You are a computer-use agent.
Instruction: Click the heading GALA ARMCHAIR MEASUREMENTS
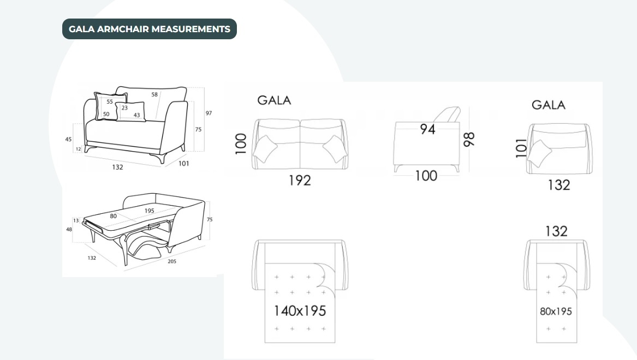tap(149, 29)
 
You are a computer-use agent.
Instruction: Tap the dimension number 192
tap(300, 180)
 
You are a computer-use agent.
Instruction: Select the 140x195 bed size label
tap(300, 311)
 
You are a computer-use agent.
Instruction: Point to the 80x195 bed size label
tap(556, 311)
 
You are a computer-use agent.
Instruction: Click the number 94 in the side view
tap(427, 130)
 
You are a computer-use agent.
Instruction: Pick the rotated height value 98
tap(469, 139)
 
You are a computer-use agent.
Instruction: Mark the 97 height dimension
tap(209, 113)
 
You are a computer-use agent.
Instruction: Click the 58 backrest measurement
tap(154, 94)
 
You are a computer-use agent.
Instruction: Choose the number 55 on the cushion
tap(110, 101)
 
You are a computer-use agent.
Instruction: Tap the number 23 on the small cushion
tap(124, 107)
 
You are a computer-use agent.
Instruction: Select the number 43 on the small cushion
tap(136, 115)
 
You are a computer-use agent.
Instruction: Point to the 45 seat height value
tap(68, 139)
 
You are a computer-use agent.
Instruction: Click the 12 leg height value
tap(79, 148)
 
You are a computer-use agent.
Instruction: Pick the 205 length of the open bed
tap(171, 261)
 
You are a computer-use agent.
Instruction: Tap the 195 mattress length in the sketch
tap(149, 211)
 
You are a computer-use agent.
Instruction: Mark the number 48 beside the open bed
tap(69, 229)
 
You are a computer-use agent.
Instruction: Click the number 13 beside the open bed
tap(76, 220)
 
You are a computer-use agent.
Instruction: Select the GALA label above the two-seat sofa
tap(274, 100)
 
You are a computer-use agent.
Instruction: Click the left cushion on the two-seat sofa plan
tap(265, 148)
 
